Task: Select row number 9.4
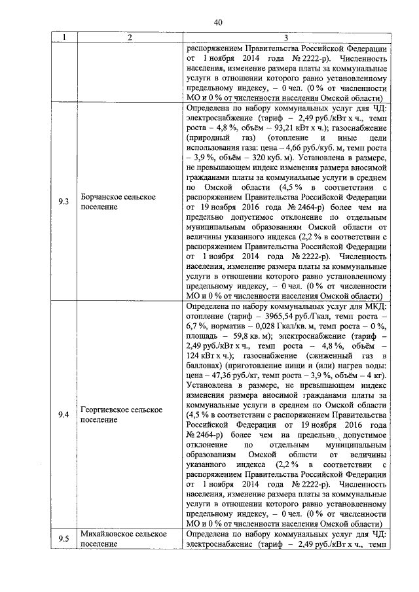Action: pos(64,414)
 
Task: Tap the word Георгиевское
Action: pos(108,409)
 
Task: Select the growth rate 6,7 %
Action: pos(198,327)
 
